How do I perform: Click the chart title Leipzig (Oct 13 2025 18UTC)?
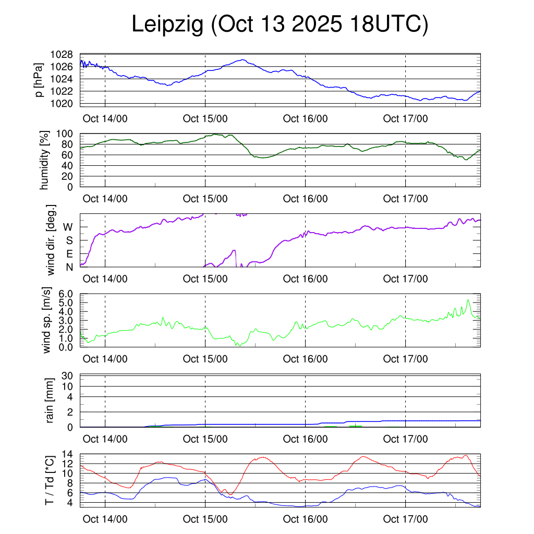point(280,25)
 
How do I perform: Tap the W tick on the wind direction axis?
point(68,227)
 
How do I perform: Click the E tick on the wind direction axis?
point(68,254)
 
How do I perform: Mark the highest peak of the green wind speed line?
point(468,300)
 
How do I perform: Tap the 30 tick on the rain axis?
point(67,375)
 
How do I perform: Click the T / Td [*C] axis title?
point(50,480)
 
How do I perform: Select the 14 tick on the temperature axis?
point(68,454)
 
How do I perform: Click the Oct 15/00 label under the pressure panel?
point(205,118)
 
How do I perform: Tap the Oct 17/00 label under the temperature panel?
point(405,519)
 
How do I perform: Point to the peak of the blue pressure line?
point(243,59)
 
